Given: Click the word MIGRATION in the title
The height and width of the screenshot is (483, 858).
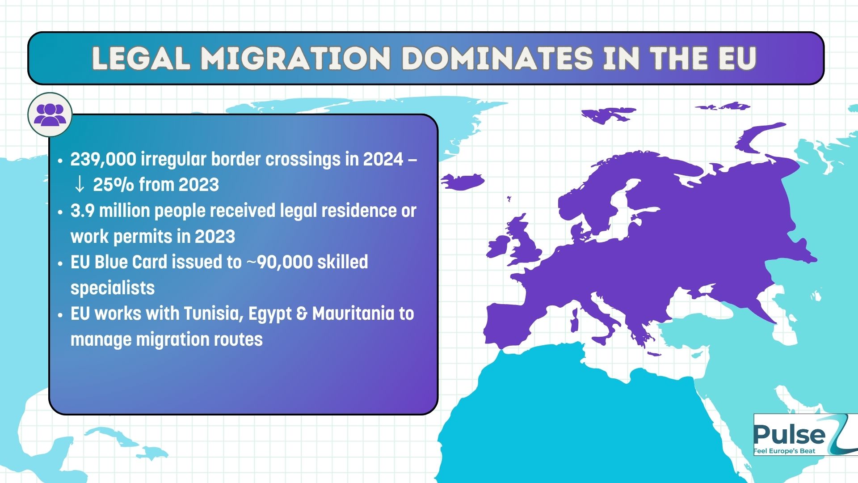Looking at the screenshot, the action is pyautogui.click(x=295, y=58).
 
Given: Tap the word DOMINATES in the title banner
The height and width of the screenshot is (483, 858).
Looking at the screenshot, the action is pyautogui.click(x=497, y=58).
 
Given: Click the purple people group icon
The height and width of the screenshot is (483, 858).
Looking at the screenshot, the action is pyautogui.click(x=50, y=114).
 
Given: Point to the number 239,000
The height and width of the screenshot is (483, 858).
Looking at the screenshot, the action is pyautogui.click(x=103, y=160).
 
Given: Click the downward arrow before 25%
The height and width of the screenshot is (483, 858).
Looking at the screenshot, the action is pyautogui.click(x=80, y=184).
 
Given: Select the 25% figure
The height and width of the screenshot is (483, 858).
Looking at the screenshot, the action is pyautogui.click(x=113, y=184).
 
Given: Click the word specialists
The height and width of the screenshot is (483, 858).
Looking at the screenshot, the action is pyautogui.click(x=113, y=288).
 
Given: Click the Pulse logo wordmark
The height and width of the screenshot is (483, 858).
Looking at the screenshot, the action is pyautogui.click(x=790, y=434).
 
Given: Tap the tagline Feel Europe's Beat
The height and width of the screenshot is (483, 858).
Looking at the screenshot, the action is pyautogui.click(x=784, y=451).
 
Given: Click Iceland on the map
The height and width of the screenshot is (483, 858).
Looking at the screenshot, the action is pyautogui.click(x=463, y=182).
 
